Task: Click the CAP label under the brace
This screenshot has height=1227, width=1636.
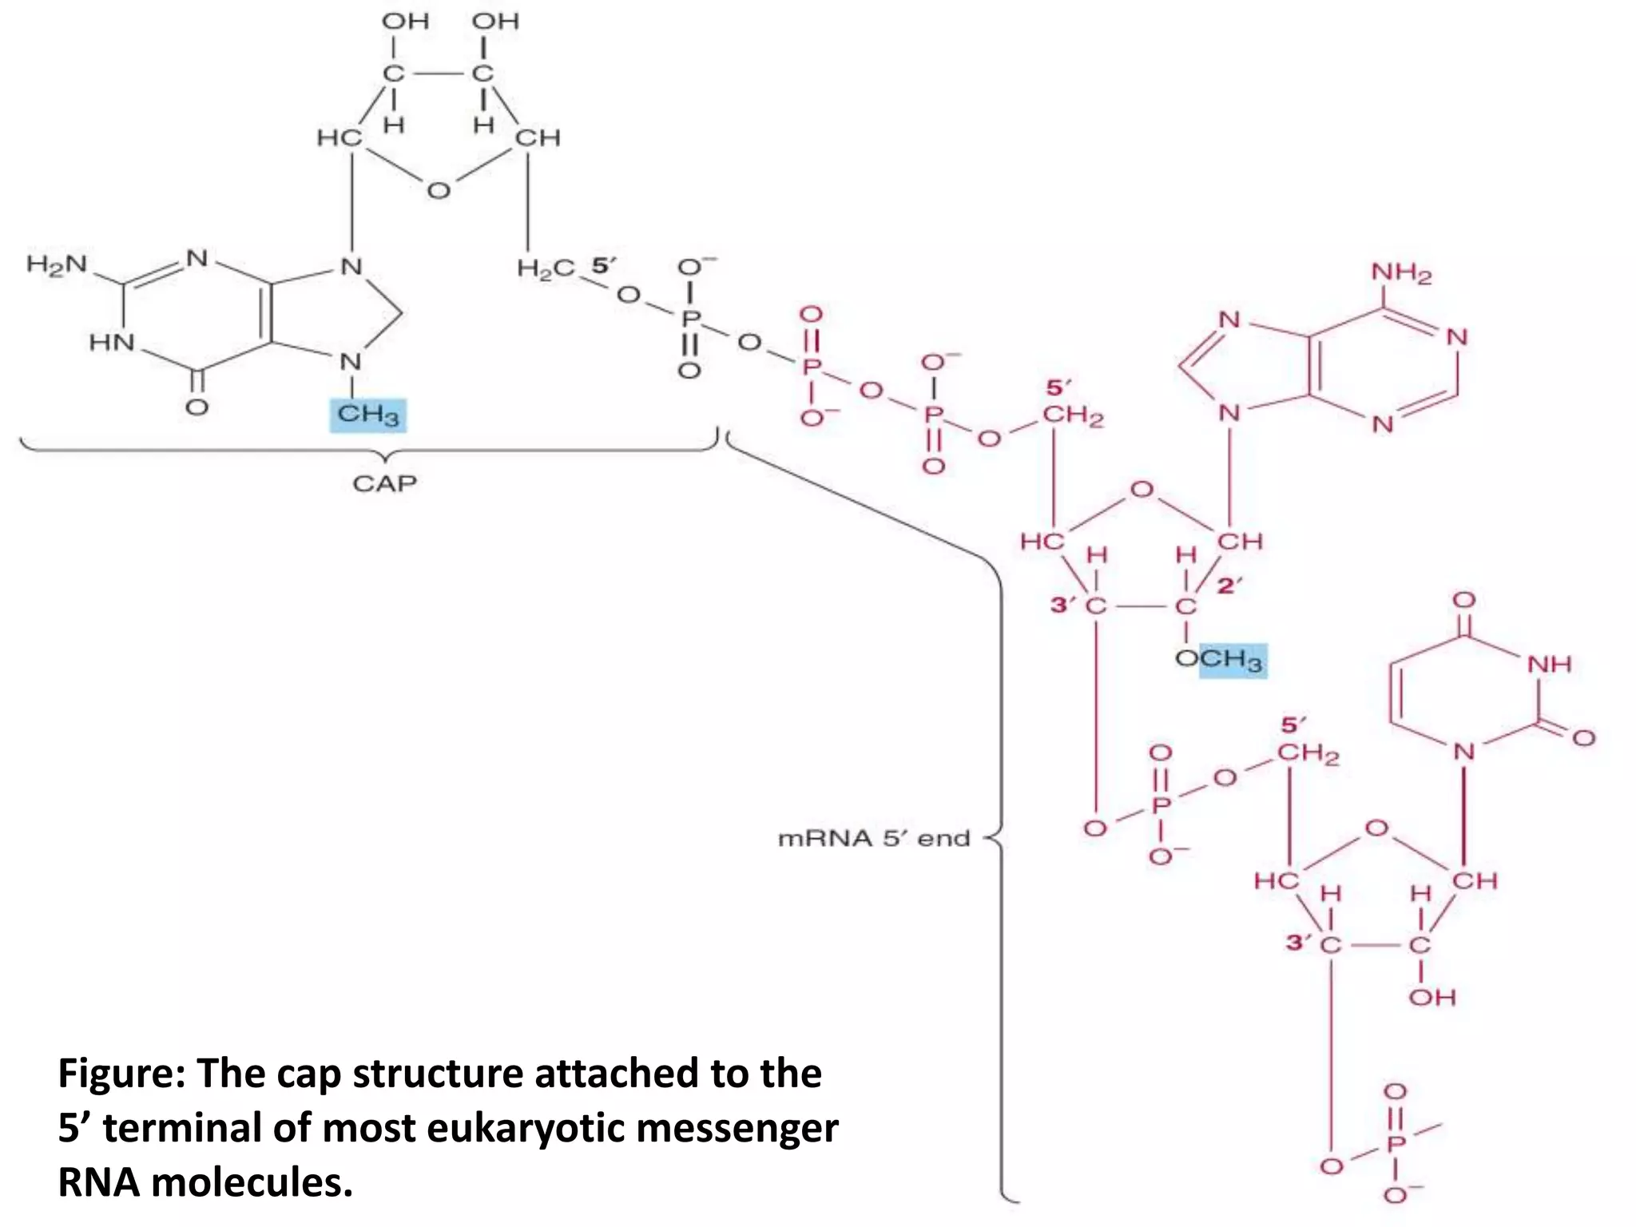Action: coord(384,483)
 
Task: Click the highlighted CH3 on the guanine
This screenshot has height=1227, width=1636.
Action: coord(368,415)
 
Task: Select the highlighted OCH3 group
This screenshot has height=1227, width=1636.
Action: coord(1221,660)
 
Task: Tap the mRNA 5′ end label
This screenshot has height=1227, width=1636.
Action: coord(874,838)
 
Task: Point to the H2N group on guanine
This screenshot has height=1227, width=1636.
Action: coord(56,264)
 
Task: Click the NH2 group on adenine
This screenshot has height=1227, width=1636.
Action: coord(1401,273)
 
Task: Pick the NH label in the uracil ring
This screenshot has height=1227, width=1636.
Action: coord(1549,664)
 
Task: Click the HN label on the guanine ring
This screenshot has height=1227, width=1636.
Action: coord(112,343)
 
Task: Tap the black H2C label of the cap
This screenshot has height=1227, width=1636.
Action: coord(546,268)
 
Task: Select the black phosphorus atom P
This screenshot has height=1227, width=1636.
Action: coord(690,319)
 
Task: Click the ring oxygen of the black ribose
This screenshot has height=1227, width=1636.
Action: coord(439,191)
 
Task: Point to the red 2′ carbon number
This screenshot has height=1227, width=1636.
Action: coord(1229,586)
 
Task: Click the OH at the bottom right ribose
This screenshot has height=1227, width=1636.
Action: coord(1432,997)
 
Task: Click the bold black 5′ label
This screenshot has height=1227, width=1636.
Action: coord(604,265)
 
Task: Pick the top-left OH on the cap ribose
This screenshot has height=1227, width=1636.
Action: coord(406,21)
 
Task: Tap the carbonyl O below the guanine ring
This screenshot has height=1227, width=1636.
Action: coord(197,407)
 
